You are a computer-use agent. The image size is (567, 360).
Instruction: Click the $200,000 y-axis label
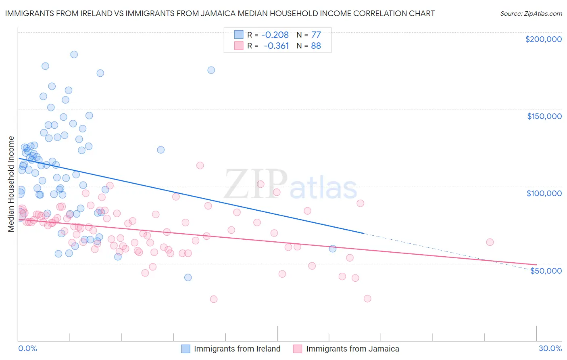pyautogui.click(x=543, y=39)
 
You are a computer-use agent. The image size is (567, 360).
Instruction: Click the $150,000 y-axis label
pyautogui.click(x=544, y=116)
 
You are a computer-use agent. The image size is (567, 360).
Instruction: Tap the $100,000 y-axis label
pyautogui.click(x=544, y=193)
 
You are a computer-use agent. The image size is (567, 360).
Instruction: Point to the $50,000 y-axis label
pyautogui.click(x=546, y=270)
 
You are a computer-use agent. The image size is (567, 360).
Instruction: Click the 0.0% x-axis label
pyautogui.click(x=27, y=348)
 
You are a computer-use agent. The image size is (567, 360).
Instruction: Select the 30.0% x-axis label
pyautogui.click(x=550, y=348)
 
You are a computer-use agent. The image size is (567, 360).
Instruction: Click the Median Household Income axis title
pyautogui.click(x=11, y=184)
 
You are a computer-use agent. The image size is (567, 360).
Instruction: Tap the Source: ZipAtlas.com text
pyautogui.click(x=531, y=14)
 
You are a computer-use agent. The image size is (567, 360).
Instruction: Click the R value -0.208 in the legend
pyautogui.click(x=275, y=35)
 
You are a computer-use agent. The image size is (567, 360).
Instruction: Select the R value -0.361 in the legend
pyautogui.click(x=276, y=46)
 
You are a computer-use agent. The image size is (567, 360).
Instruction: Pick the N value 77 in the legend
pyautogui.click(x=316, y=35)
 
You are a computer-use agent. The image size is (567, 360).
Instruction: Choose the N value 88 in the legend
pyautogui.click(x=316, y=46)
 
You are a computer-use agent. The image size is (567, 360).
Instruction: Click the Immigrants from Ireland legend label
pyautogui.click(x=237, y=349)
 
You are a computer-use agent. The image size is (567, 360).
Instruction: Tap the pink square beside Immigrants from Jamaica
pyautogui.click(x=298, y=349)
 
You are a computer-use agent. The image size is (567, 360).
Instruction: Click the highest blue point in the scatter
pyautogui.click(x=74, y=54)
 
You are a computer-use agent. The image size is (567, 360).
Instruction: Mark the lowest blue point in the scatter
pyautogui.click(x=188, y=277)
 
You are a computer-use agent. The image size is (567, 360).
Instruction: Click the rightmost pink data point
pyautogui.click(x=490, y=242)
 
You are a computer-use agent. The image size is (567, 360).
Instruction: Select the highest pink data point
pyautogui.click(x=200, y=165)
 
